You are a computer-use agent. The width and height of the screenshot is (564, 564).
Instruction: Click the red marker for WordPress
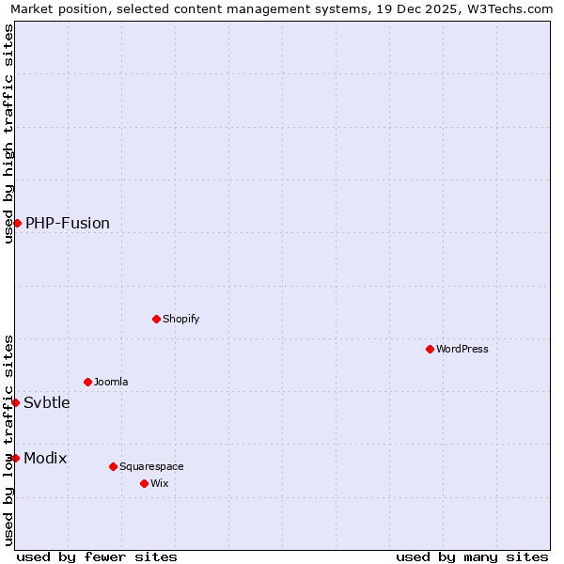[x=430, y=349]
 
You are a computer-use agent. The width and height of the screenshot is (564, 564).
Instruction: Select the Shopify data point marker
[x=156, y=319]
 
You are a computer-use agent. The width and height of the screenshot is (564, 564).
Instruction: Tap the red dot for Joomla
[x=87, y=382]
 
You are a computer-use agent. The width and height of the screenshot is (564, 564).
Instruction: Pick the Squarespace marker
[x=113, y=466]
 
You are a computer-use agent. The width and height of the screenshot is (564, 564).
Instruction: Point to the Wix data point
[x=144, y=483]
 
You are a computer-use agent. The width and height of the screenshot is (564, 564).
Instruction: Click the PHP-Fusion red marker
[x=17, y=223]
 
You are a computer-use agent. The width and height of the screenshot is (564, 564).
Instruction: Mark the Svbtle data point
[x=15, y=402]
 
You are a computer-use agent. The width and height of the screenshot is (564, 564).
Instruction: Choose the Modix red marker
[x=15, y=458]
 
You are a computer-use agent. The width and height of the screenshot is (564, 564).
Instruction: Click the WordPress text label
[x=462, y=349]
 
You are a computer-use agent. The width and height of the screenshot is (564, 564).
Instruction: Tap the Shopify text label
[x=181, y=319]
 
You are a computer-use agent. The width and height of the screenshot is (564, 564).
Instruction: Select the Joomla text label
[x=111, y=382]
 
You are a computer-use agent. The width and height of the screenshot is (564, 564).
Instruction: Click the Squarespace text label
[x=151, y=466]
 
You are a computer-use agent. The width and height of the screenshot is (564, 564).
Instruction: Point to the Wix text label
[x=160, y=483]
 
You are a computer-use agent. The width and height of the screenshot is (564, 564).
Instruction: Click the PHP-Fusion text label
[x=68, y=223]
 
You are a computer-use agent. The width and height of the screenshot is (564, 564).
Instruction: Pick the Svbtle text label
[x=47, y=402]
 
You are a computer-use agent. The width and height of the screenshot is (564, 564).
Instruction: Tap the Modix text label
[x=45, y=458]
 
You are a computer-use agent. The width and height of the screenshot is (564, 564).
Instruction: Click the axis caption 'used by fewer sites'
[x=97, y=556]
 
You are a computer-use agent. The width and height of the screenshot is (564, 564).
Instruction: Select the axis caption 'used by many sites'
[x=472, y=556]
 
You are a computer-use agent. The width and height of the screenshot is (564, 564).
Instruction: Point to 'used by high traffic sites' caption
[x=9, y=133]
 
